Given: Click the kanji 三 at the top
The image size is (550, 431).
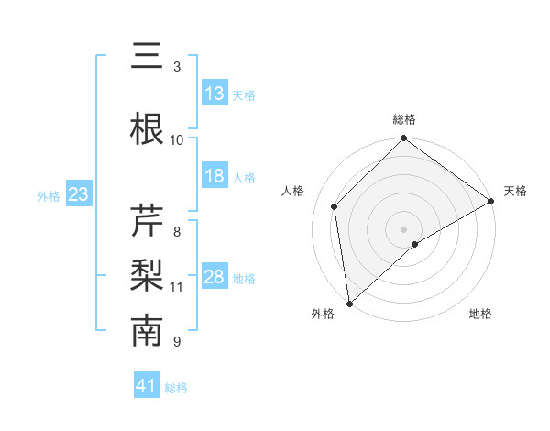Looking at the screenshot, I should (x=147, y=57).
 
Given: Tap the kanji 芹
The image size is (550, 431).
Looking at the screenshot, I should (x=147, y=221).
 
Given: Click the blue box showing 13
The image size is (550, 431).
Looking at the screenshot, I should (x=214, y=93).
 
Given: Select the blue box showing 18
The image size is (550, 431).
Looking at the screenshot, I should (x=214, y=176).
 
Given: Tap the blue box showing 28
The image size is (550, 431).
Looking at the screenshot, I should (x=214, y=277).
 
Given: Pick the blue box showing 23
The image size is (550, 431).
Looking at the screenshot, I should (x=79, y=194).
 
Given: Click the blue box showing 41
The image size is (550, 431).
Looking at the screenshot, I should (x=147, y=386).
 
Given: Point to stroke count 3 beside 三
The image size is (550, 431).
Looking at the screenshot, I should (x=177, y=66).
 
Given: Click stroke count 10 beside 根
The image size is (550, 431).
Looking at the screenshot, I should (x=177, y=139).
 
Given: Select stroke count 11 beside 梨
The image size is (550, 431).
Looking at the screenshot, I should (x=177, y=286).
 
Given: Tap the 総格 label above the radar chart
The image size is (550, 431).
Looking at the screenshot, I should (x=404, y=119).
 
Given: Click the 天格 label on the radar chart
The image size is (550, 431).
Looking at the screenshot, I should (x=515, y=191).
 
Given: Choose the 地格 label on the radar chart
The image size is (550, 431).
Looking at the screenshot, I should (x=480, y=314).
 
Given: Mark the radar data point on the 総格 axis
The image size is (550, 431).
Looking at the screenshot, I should (x=404, y=139).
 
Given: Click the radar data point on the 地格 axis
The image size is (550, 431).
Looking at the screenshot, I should (x=415, y=244).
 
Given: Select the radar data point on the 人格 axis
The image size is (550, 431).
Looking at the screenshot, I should (x=335, y=206).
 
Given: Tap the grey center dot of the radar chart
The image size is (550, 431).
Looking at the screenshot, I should (x=404, y=228).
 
